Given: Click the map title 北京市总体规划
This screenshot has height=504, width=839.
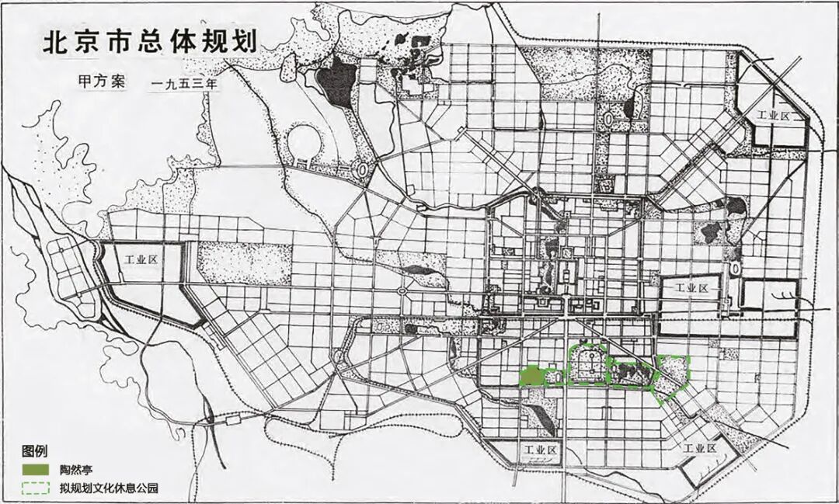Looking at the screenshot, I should pos(148,42).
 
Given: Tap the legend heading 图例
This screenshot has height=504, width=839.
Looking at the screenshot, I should pos(35,451).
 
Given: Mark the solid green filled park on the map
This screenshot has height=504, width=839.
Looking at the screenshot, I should pos(531,377).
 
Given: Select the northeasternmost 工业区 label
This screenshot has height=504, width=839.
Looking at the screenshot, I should pos(774,115).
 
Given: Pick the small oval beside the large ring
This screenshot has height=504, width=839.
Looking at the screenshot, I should pos(363,168).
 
